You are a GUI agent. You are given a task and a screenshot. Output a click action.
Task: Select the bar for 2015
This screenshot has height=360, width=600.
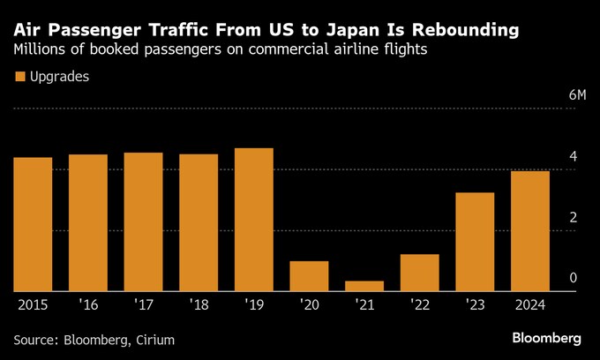pyautogui.click(x=33, y=224)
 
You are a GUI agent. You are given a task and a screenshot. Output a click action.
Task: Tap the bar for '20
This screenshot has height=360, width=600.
pyautogui.click(x=309, y=276)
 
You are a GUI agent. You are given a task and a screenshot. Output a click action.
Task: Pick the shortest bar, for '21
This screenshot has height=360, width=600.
pyautogui.click(x=364, y=286)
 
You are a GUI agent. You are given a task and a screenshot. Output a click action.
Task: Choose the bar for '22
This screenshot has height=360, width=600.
pyautogui.click(x=419, y=273)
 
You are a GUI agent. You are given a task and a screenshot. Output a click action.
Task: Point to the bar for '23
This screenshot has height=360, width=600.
pyautogui.click(x=475, y=242)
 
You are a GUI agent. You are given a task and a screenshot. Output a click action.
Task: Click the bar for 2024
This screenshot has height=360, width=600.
pyautogui.click(x=529, y=231)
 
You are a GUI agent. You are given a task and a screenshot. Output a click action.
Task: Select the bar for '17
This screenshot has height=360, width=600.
pyautogui.click(x=143, y=221)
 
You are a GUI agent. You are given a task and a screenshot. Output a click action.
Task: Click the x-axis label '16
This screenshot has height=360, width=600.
pyautogui.click(x=87, y=304)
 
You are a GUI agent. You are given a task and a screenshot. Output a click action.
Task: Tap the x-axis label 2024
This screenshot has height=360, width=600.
pyautogui.click(x=529, y=304)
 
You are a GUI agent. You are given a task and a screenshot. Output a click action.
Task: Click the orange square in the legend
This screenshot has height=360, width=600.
pyautogui.click(x=19, y=77)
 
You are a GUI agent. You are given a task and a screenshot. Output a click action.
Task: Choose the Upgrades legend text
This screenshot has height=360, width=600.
pyautogui.click(x=59, y=77)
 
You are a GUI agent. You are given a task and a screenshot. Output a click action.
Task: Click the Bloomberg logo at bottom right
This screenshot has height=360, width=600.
pyautogui.click(x=546, y=338)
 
